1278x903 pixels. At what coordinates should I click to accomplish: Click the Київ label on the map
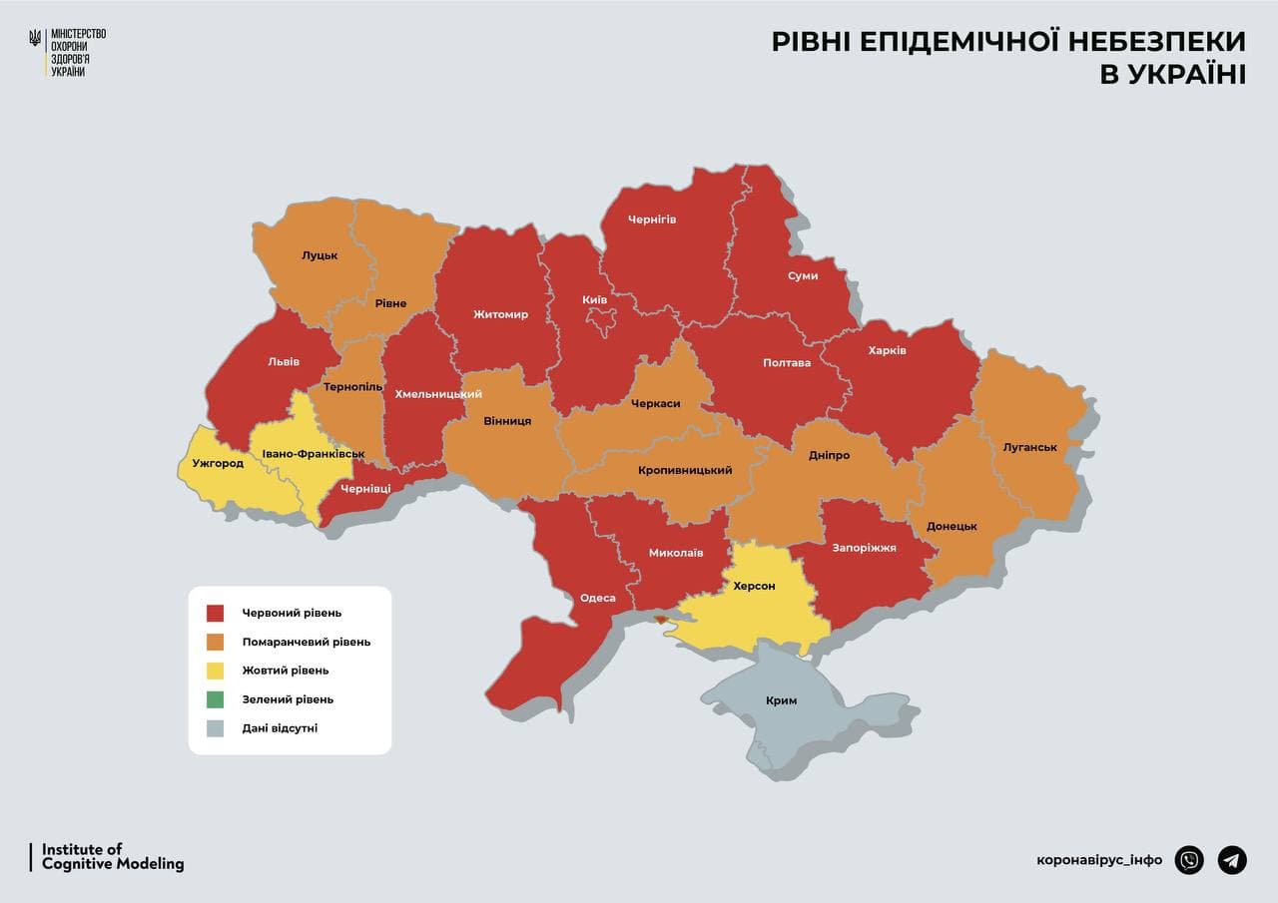click(594, 299)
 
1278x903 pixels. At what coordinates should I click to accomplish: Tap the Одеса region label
click(598, 599)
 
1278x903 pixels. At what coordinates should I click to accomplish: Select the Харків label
click(887, 351)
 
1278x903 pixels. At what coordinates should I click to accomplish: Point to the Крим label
click(781, 700)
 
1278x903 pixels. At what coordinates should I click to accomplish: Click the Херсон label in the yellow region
click(754, 586)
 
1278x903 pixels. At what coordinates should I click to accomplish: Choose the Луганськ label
click(1029, 447)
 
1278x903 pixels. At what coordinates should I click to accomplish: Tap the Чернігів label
click(652, 219)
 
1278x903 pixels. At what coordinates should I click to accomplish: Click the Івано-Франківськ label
click(313, 454)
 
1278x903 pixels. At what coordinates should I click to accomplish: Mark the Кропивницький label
click(685, 470)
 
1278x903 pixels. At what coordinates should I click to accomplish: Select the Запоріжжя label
click(864, 548)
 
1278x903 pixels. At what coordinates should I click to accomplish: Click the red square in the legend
click(216, 613)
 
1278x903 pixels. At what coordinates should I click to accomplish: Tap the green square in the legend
click(216, 699)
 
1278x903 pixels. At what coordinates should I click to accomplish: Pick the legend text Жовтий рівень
click(285, 671)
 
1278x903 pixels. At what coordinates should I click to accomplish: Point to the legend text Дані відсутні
click(280, 728)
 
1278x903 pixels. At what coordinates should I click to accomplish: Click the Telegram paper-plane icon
click(1232, 860)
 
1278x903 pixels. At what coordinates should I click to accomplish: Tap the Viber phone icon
click(1189, 860)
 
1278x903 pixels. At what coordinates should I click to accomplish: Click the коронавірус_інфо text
click(1099, 860)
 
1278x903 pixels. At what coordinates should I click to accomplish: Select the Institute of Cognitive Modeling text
click(113, 857)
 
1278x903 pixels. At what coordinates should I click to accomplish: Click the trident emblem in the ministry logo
click(36, 39)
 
